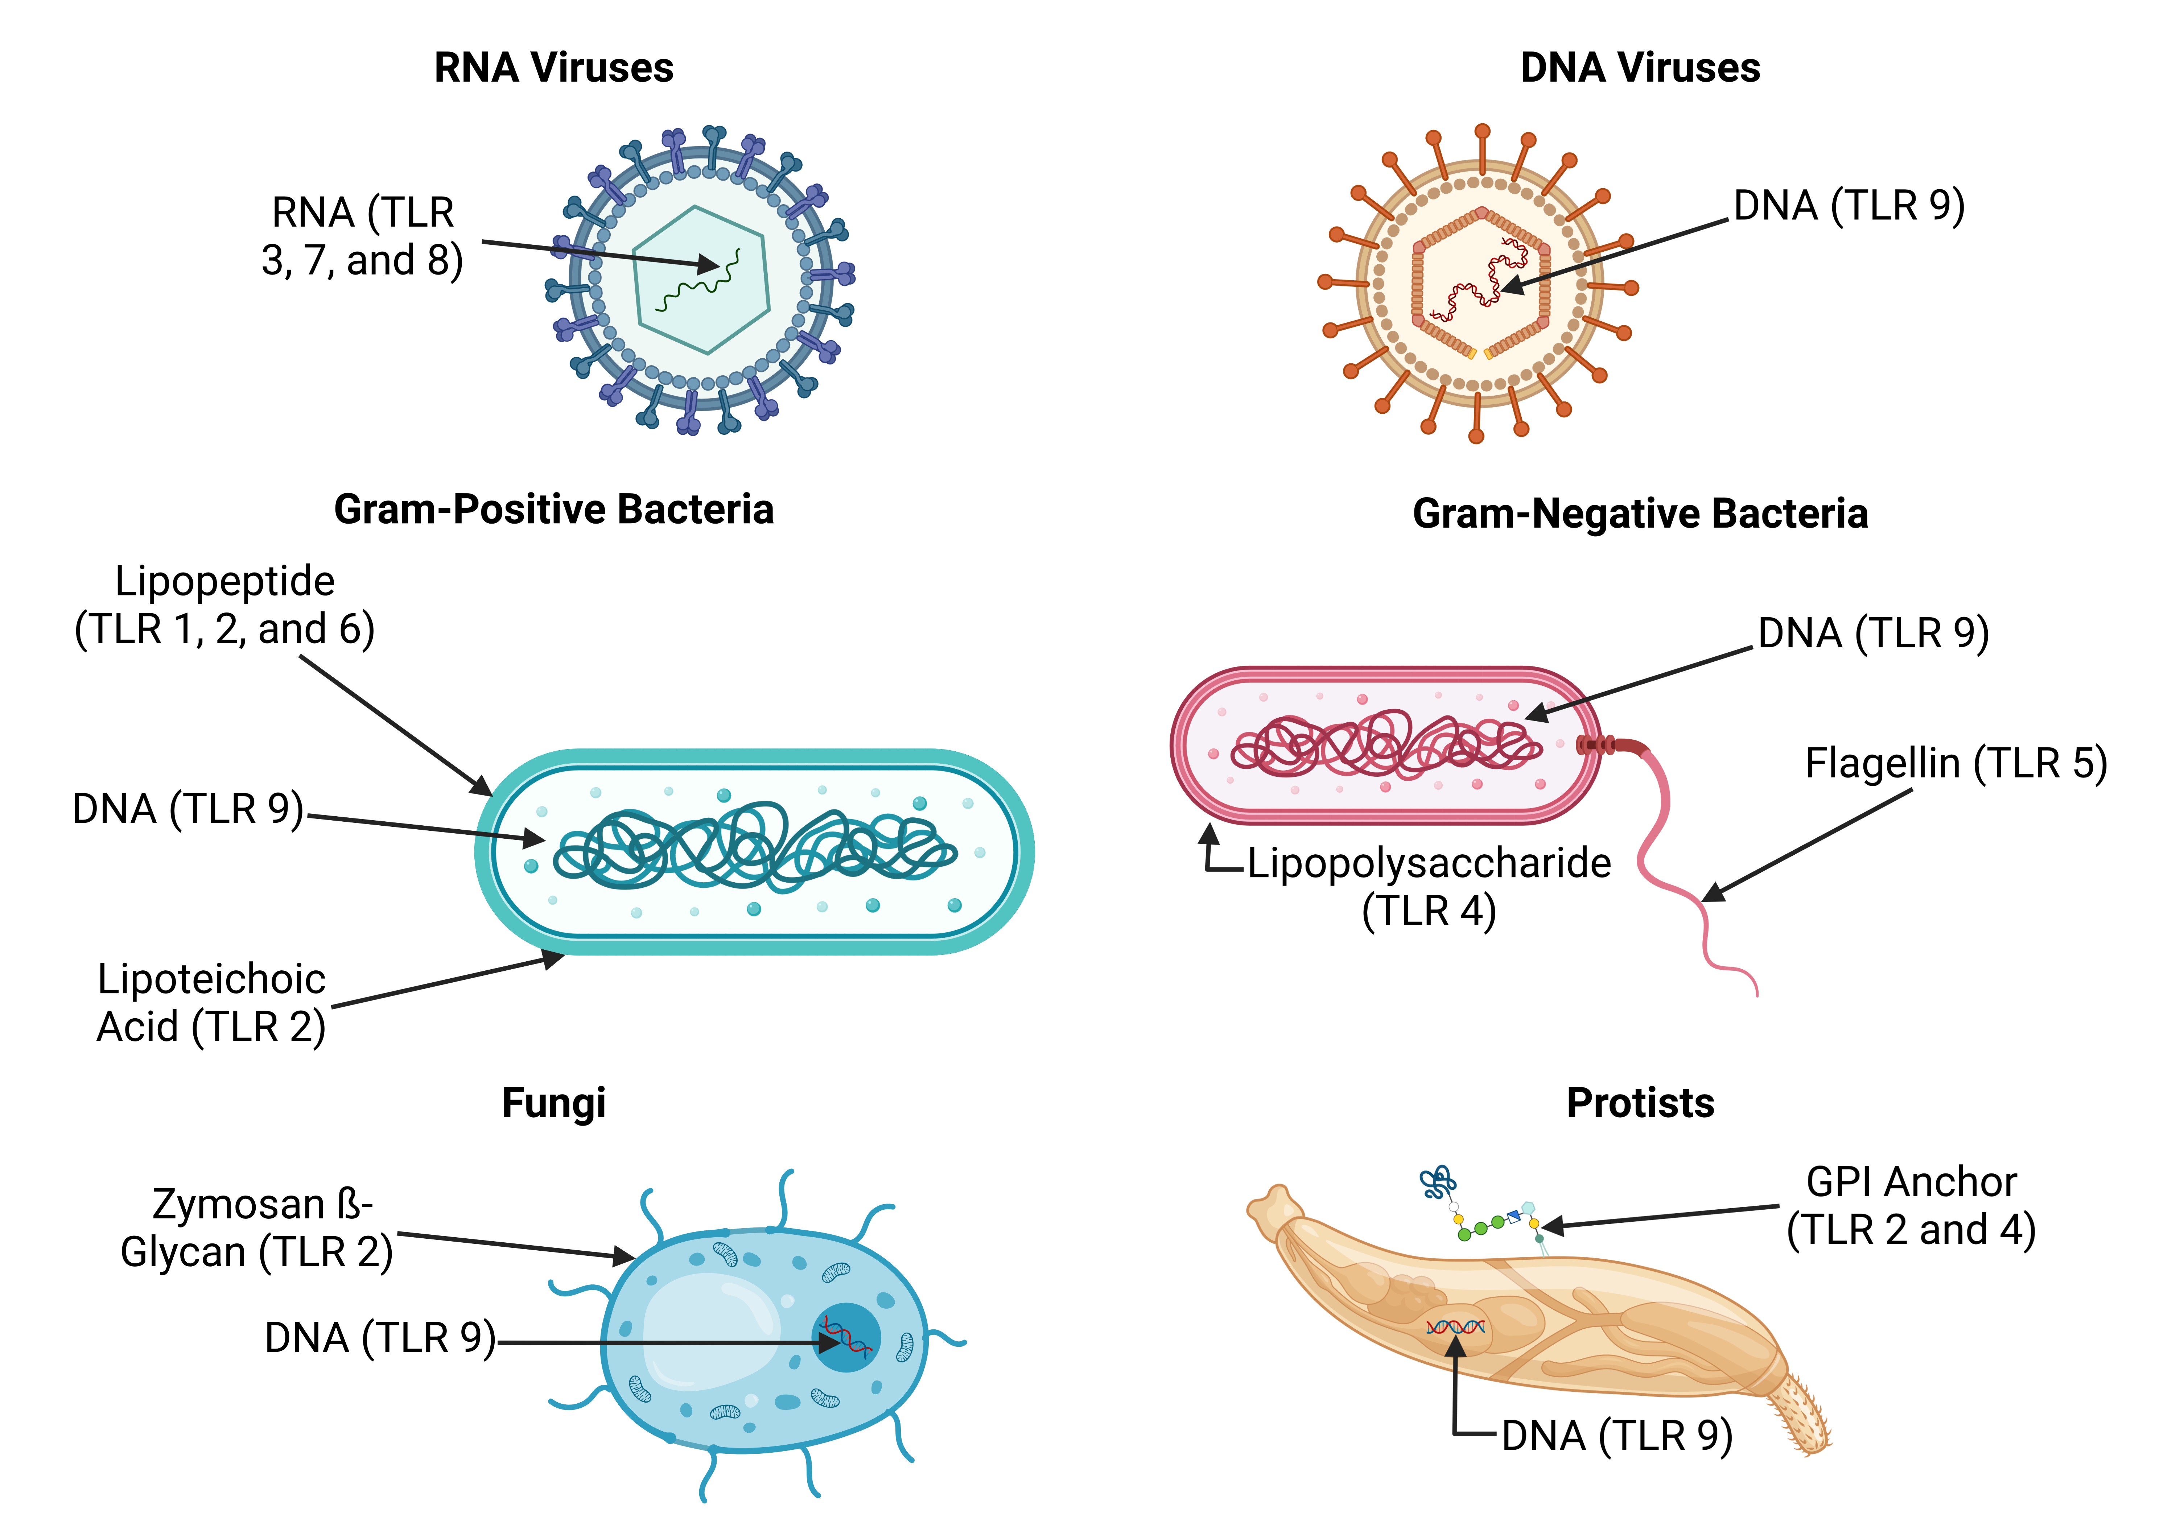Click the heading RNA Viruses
pos(553,68)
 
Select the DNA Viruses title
pos(1640,68)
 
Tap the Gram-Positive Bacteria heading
pos(553,510)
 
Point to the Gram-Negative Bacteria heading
pos(1640,514)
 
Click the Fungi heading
pos(553,1103)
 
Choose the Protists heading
pos(1640,1103)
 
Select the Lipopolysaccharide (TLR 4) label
pos(1428,886)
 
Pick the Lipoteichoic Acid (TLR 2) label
pos(211,1003)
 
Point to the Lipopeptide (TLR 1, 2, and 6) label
pos(224,604)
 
